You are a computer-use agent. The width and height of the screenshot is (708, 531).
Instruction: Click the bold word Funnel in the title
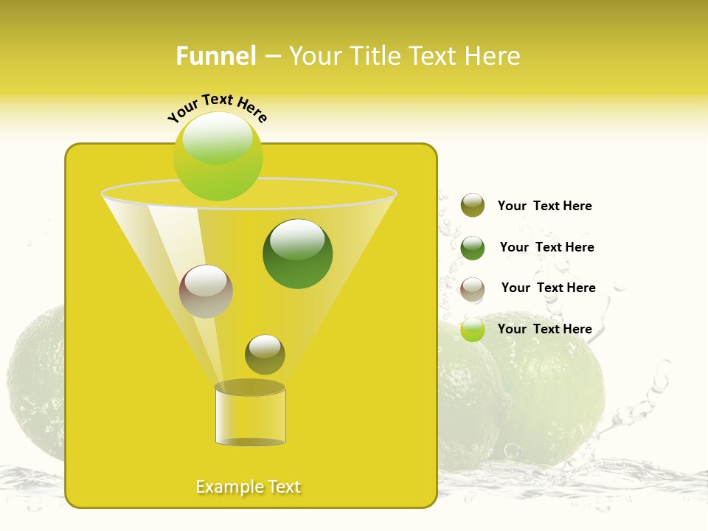click(x=216, y=56)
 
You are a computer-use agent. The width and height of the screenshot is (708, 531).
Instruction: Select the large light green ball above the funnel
click(x=218, y=156)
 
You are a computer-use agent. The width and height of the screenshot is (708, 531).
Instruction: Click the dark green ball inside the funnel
click(x=298, y=254)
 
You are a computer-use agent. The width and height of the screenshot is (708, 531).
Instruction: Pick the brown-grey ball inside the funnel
click(x=206, y=291)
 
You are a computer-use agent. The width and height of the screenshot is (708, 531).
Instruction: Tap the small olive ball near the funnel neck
click(x=265, y=355)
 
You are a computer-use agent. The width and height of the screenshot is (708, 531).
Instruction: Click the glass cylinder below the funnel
click(x=250, y=417)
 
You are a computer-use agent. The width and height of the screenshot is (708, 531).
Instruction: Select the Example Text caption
click(x=249, y=487)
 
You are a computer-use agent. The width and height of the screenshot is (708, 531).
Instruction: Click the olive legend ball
click(x=473, y=205)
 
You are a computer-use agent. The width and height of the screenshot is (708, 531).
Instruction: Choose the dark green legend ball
click(x=473, y=248)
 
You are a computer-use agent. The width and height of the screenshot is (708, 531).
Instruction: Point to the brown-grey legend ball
click(x=473, y=289)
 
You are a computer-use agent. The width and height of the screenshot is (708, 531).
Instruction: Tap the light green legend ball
click(x=473, y=330)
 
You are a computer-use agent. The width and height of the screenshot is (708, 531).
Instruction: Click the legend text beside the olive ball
click(x=544, y=206)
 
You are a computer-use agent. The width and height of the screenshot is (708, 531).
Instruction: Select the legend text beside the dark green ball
click(x=546, y=248)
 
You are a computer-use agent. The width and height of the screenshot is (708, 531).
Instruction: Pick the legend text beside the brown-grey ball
click(x=548, y=288)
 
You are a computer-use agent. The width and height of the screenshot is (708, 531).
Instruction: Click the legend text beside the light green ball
click(x=544, y=330)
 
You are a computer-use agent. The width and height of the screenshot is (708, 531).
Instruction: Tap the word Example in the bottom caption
click(x=227, y=487)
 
